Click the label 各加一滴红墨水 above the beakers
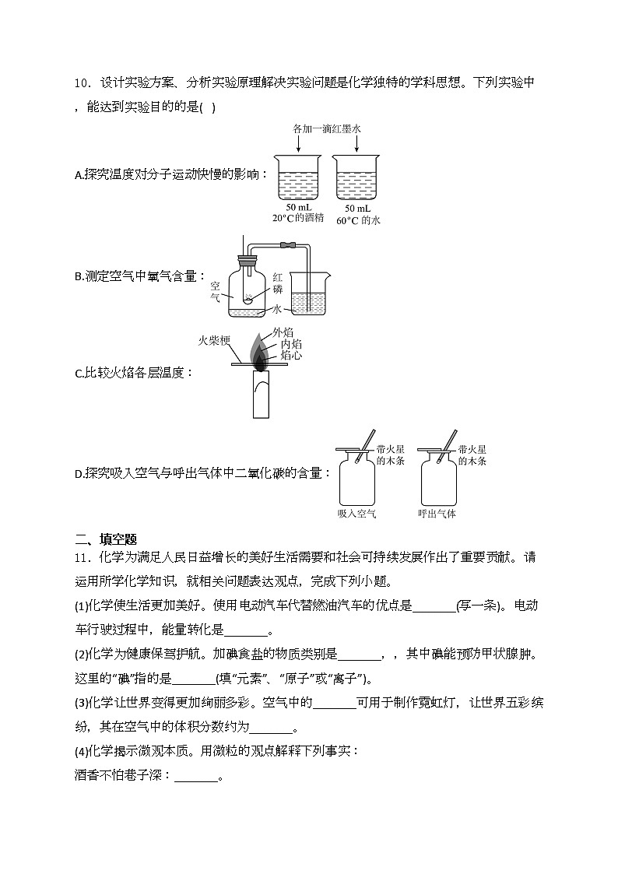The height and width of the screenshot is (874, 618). (x=327, y=128)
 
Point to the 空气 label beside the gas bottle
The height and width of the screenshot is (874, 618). (x=216, y=291)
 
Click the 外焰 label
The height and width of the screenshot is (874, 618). (x=283, y=333)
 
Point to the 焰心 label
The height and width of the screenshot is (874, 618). (x=292, y=355)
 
